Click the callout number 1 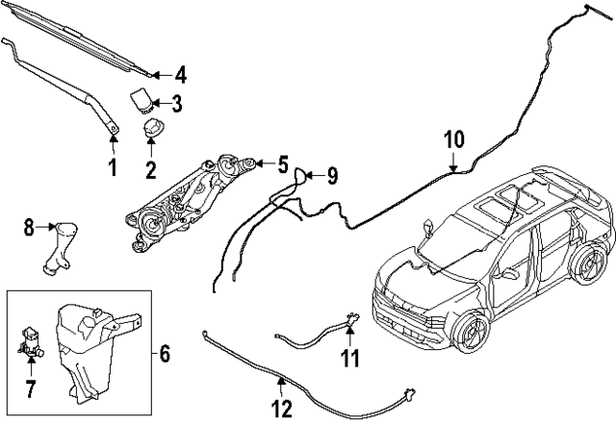click(112, 168)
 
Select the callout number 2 click(151, 172)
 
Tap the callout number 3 click(176, 103)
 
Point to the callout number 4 click(180, 74)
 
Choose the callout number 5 click(283, 164)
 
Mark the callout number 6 click(164, 355)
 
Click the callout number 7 click(30, 388)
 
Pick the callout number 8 click(29, 228)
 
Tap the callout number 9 click(331, 175)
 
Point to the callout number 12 click(281, 408)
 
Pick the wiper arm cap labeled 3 click(142, 98)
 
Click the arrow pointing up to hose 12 click(281, 387)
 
